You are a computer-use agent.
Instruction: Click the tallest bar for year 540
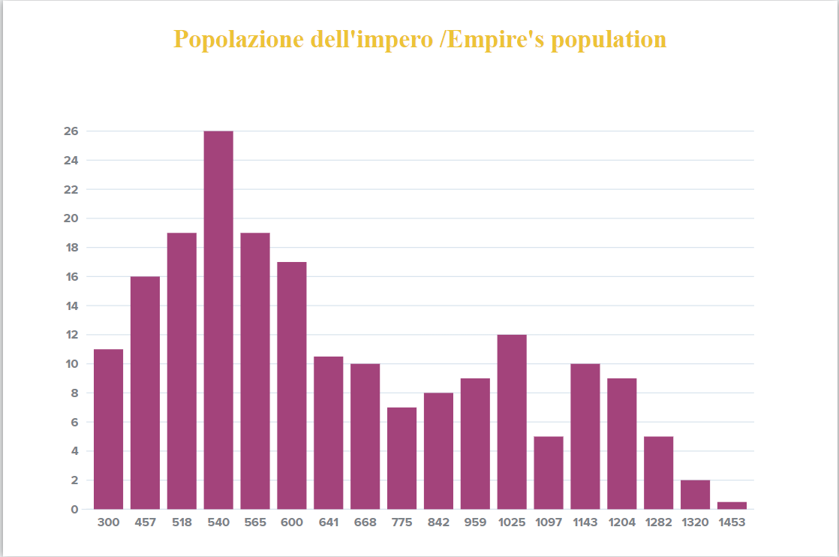point(218,320)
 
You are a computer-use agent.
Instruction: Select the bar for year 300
point(108,429)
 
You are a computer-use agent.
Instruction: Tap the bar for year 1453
point(732,505)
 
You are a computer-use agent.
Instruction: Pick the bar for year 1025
point(512,421)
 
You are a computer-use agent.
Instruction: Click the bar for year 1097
point(549,472)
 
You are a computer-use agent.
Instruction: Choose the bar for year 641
point(328,432)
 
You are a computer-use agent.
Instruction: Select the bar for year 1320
point(695,494)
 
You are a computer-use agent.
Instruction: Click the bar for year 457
point(145,393)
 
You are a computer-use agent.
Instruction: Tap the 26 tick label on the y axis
point(71,131)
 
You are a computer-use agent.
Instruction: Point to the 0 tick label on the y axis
point(74,510)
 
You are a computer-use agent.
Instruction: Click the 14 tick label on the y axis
point(71,306)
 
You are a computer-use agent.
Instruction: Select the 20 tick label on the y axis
point(71,218)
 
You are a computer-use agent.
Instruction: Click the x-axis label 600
point(292,522)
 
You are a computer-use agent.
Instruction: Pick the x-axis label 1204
point(622,522)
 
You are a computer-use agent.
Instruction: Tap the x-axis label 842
point(438,522)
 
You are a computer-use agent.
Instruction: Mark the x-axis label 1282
point(658,522)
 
